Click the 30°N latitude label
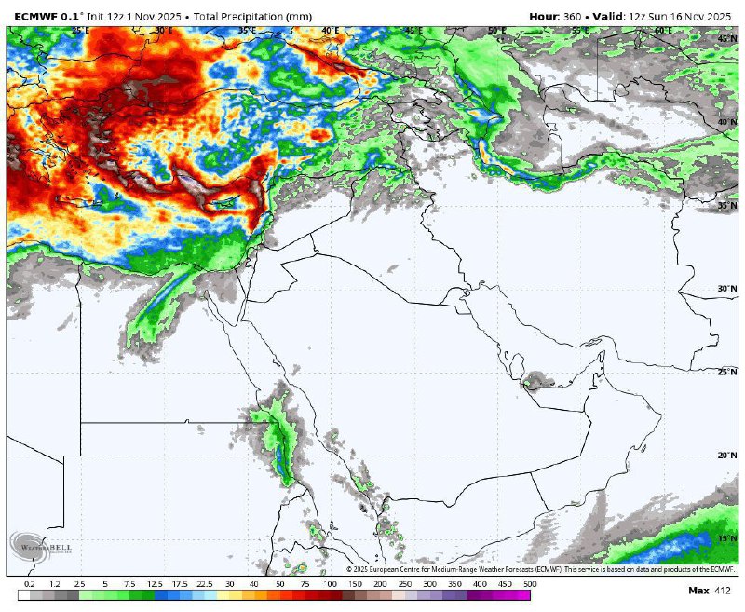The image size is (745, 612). (x=727, y=289)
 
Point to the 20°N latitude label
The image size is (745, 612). (x=727, y=456)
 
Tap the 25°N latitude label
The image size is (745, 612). (x=727, y=372)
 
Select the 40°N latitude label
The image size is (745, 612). (x=727, y=122)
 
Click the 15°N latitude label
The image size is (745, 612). (x=727, y=539)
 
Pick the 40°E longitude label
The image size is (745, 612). (x=330, y=31)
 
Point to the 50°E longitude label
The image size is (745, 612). (x=496, y=31)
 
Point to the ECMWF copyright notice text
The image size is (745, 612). (x=541, y=568)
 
